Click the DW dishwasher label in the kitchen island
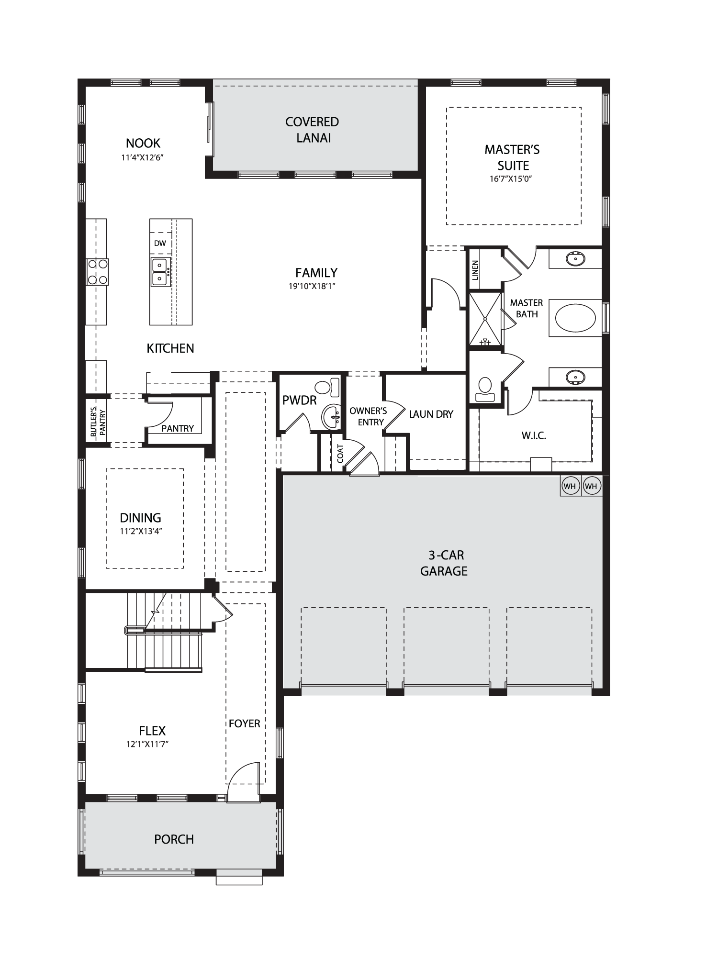pyautogui.click(x=160, y=243)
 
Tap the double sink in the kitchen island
pyautogui.click(x=159, y=272)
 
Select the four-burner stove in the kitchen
pyautogui.click(x=97, y=272)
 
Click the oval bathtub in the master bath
pyautogui.click(x=575, y=318)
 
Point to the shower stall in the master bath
pyautogui.click(x=485, y=318)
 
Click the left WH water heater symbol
pyautogui.click(x=570, y=486)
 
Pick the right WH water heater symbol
pyautogui.click(x=591, y=486)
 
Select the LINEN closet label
pyautogui.click(x=475, y=270)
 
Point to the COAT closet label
pyautogui.click(x=340, y=453)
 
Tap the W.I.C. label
pyautogui.click(x=534, y=435)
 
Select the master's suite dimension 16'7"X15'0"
pyautogui.click(x=512, y=179)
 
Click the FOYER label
pyautogui.click(x=244, y=723)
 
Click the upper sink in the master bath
pyautogui.click(x=575, y=259)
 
